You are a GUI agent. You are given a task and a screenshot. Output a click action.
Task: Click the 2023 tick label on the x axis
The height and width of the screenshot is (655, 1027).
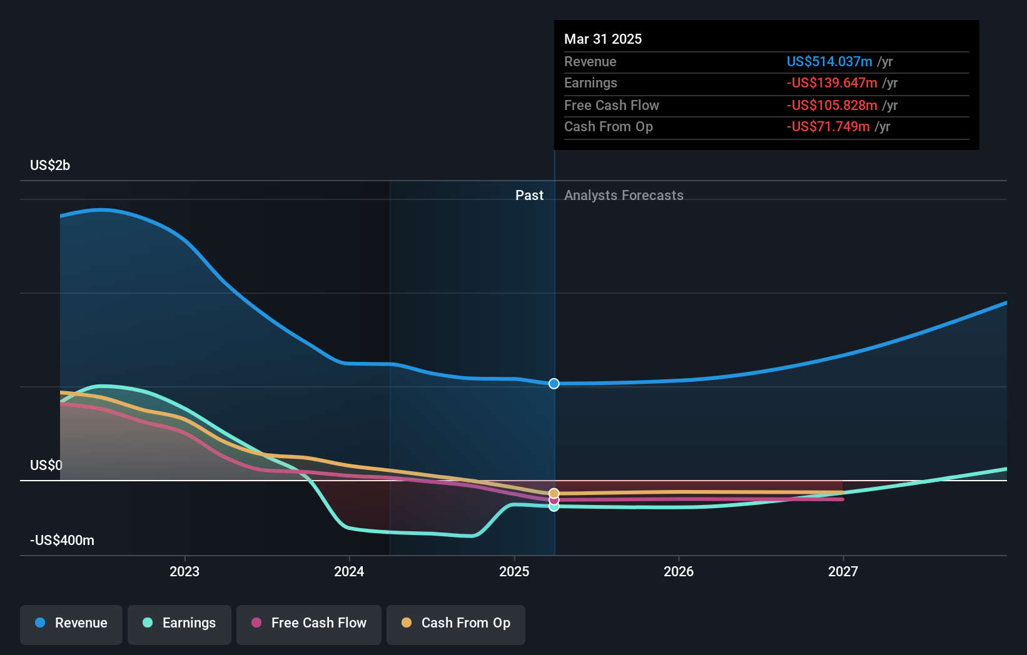185,571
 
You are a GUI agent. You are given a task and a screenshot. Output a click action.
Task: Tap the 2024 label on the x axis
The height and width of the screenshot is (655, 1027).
349,571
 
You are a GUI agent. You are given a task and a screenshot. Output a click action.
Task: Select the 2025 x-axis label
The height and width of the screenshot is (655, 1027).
514,571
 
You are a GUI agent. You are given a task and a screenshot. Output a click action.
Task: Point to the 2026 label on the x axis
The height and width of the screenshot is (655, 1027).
679,571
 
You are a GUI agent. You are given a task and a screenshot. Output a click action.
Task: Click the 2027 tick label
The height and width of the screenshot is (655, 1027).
843,571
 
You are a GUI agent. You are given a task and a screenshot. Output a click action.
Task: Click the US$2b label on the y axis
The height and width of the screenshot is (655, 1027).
50,166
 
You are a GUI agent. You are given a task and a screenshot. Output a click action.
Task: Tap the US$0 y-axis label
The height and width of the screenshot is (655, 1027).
46,466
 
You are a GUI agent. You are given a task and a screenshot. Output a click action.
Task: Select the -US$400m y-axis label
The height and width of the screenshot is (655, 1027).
62,541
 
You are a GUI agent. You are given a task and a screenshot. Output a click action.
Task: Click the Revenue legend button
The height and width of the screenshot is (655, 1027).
71,623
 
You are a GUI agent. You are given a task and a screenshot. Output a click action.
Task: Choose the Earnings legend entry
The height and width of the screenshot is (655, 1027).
180,623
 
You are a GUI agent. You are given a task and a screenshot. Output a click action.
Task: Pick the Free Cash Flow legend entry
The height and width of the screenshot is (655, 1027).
309,623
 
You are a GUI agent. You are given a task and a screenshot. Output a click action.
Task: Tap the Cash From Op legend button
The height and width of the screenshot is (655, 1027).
456,623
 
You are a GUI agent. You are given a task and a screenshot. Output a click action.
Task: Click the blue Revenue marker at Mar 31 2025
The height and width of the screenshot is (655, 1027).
554,384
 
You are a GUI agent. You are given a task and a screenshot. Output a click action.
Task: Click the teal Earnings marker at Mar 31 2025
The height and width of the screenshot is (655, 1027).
554,507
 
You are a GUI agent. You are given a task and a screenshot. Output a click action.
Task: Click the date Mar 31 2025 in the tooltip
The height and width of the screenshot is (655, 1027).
603,39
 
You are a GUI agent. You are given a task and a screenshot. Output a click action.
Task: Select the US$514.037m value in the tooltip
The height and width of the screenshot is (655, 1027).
829,61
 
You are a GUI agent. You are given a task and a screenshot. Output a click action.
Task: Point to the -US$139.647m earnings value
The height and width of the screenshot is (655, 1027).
832,83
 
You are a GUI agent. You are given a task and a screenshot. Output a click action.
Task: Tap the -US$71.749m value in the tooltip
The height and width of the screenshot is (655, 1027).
828,127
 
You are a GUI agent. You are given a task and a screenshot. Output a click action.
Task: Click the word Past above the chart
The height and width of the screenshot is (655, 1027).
529,196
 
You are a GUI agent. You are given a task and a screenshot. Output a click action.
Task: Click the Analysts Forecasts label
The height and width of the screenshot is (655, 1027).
624,196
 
